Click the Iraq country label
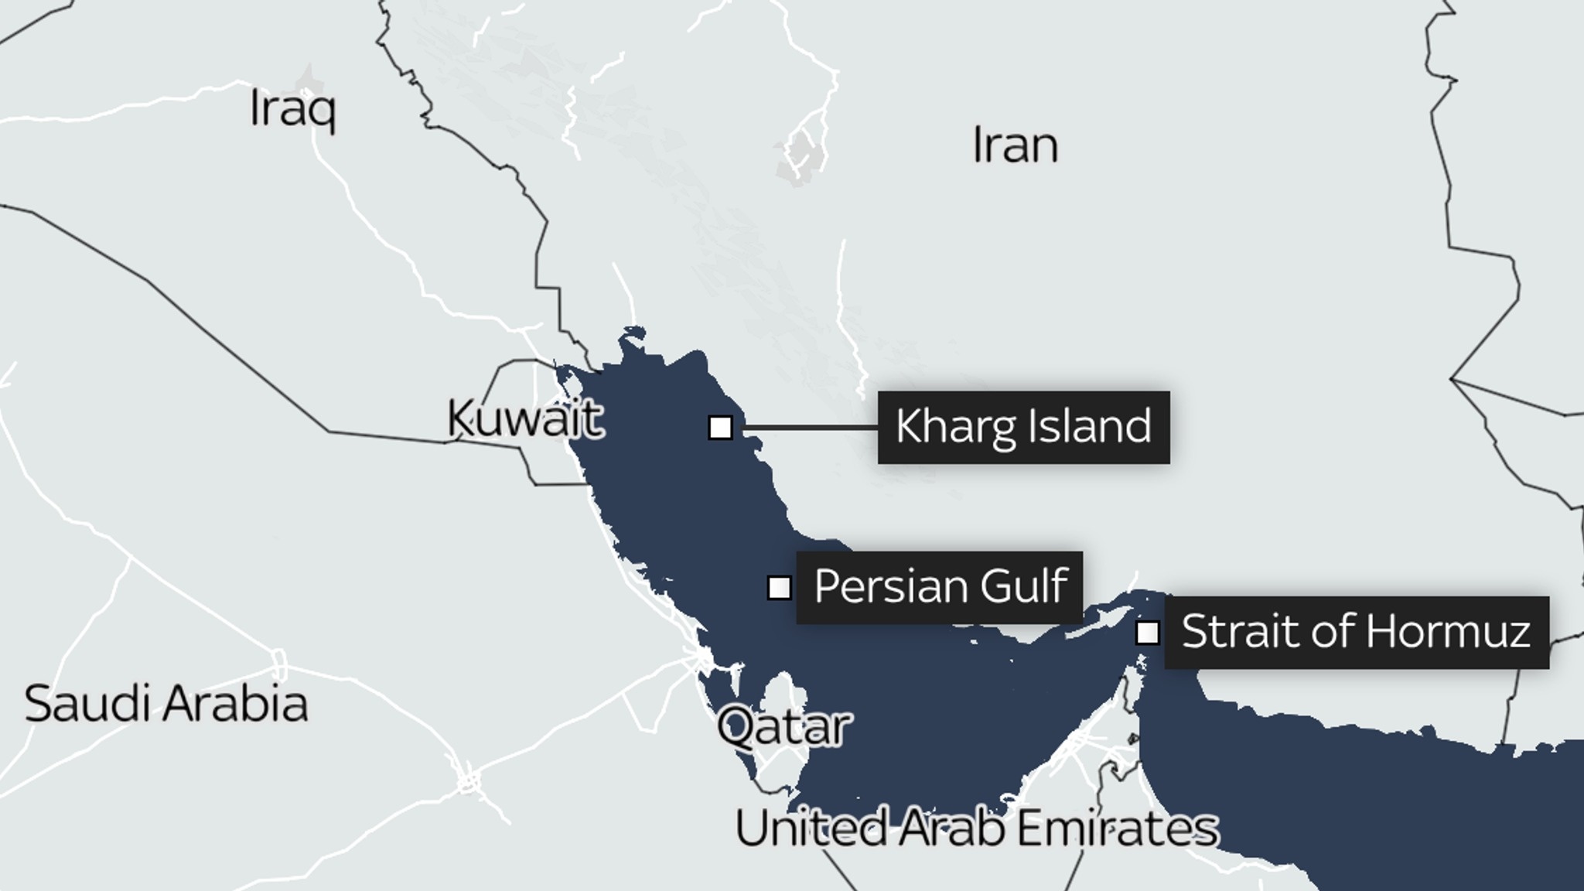(292, 110)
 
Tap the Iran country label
(1015, 145)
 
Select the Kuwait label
(524, 419)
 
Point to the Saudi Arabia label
(166, 704)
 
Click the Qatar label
(783, 727)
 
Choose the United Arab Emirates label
(976, 828)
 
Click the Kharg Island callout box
(1023, 427)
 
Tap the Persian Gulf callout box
(939, 587)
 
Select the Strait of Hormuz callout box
(1357, 632)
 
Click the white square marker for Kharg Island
(720, 427)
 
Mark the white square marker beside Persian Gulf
(779, 588)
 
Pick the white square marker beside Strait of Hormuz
(1147, 633)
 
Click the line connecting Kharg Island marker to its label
(808, 427)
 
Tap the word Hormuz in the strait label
(1448, 632)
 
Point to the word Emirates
(1117, 828)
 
